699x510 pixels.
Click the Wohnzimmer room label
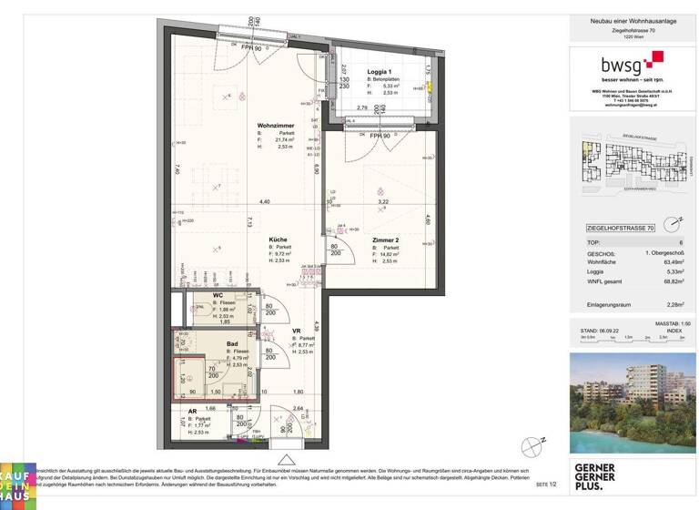pyautogui.click(x=274, y=125)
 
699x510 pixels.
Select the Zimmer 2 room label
pyautogui.click(x=387, y=240)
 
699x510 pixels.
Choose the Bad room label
pyautogui.click(x=233, y=344)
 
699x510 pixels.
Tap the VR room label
pyautogui.click(x=297, y=332)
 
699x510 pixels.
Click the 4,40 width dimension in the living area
pyautogui.click(x=264, y=201)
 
